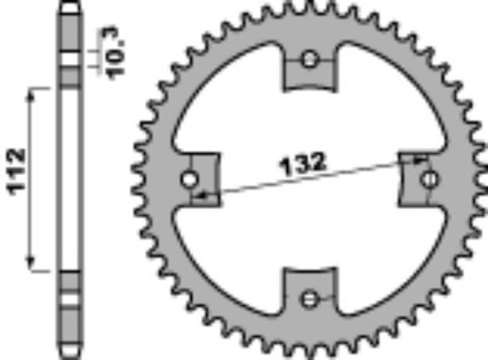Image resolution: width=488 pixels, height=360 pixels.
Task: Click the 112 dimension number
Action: (17, 172)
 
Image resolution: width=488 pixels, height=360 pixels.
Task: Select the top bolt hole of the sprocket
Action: (310, 60)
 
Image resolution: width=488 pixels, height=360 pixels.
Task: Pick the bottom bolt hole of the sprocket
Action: (310, 297)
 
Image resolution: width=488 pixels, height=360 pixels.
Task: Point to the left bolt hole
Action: (191, 179)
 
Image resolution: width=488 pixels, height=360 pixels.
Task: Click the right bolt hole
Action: (430, 179)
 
